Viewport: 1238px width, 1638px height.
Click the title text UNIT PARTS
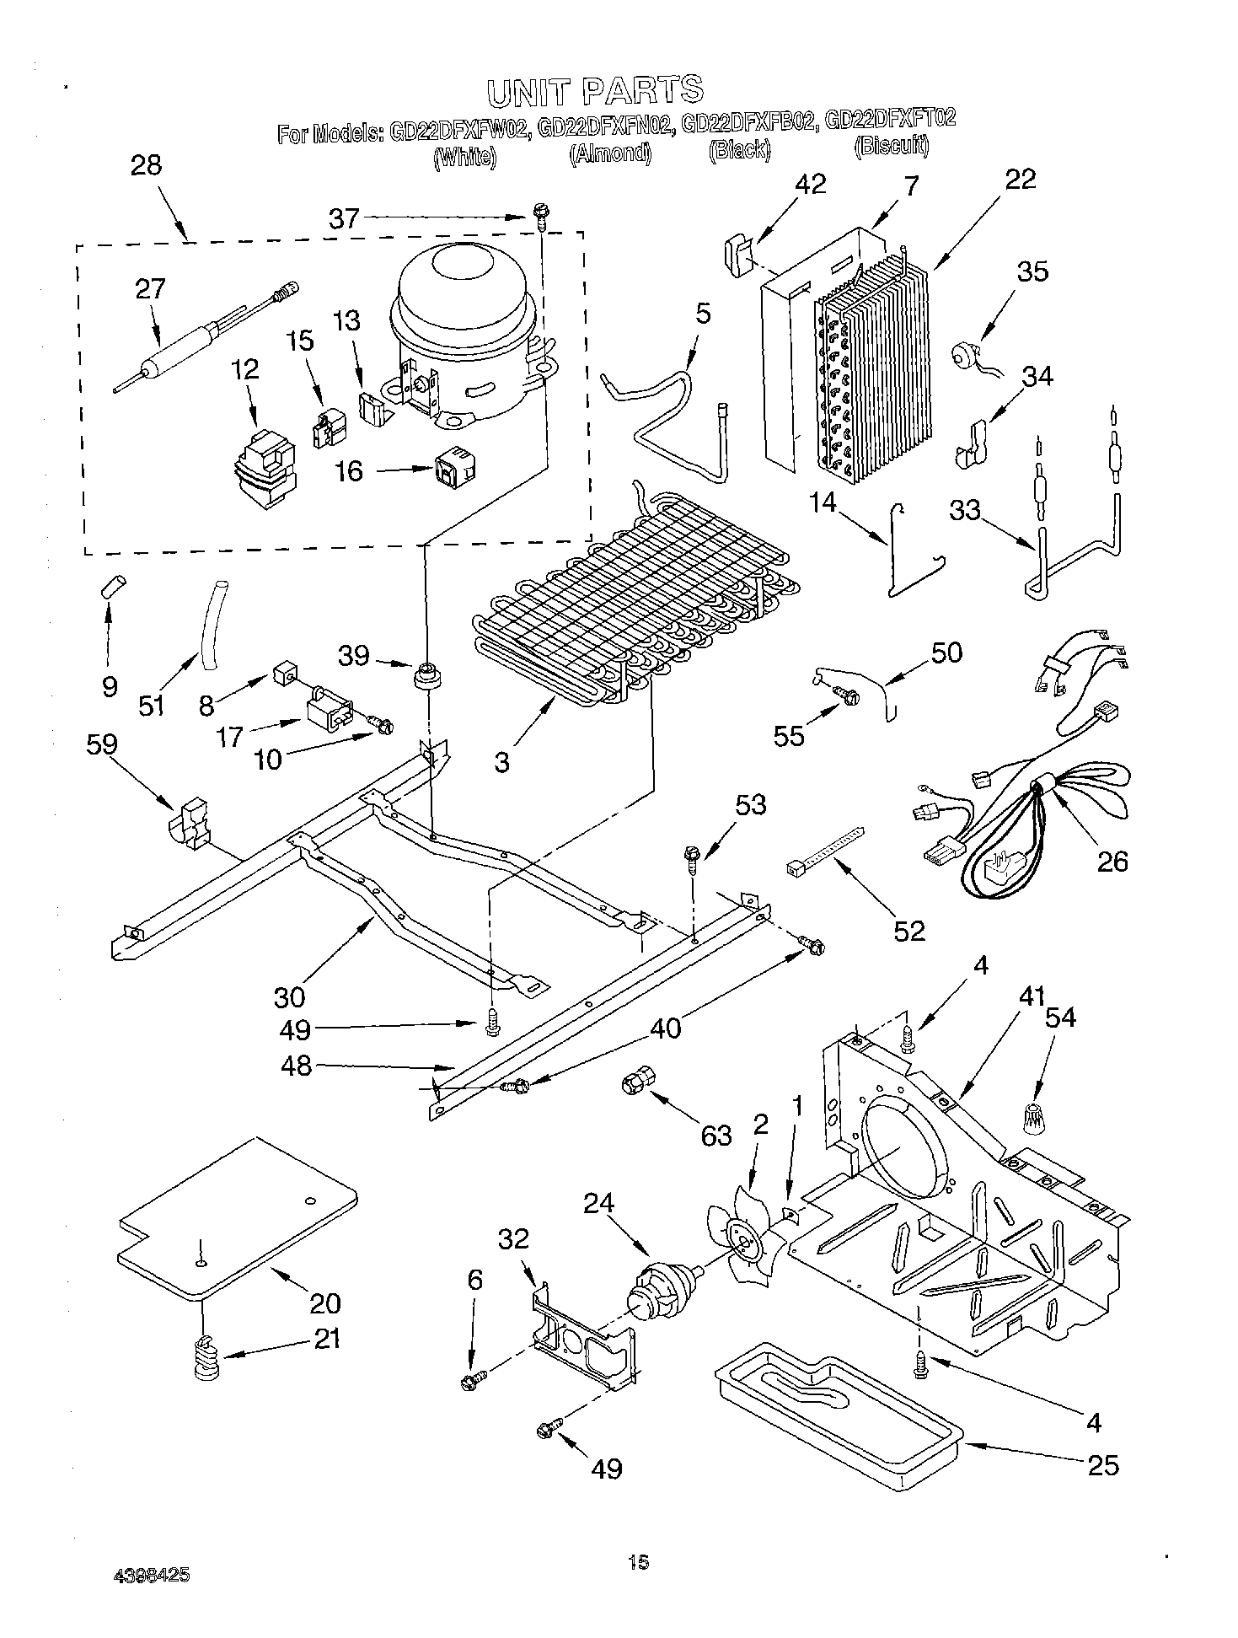tap(595, 90)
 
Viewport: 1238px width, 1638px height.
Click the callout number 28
tap(146, 165)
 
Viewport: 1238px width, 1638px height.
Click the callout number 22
tap(1020, 179)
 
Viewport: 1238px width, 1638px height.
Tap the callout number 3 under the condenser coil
tap(502, 763)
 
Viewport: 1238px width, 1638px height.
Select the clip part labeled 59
tap(190, 820)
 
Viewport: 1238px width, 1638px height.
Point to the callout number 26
tap(1112, 861)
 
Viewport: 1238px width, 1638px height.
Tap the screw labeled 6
tap(468, 1381)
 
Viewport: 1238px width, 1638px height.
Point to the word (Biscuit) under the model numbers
tap(892, 147)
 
